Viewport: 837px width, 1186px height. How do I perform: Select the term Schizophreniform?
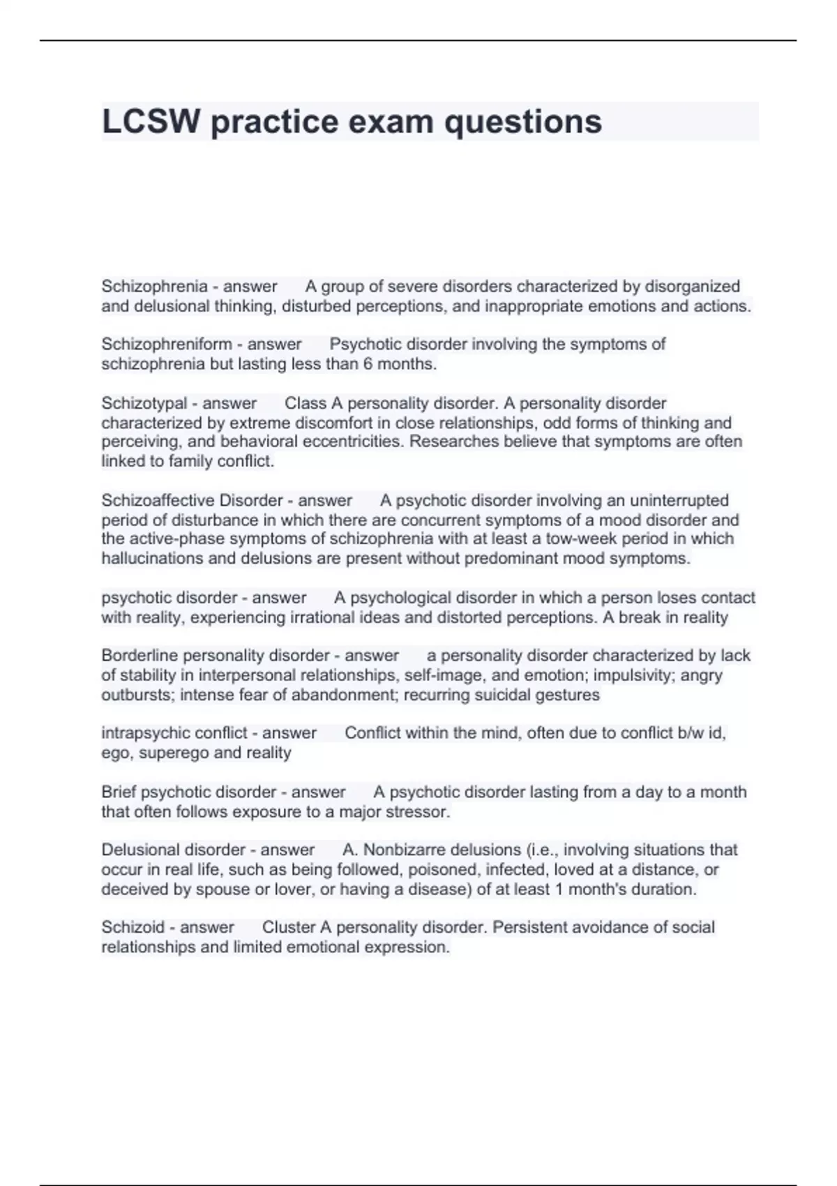167,344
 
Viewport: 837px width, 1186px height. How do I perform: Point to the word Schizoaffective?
158,500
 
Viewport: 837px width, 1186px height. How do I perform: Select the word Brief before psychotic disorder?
119,793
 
